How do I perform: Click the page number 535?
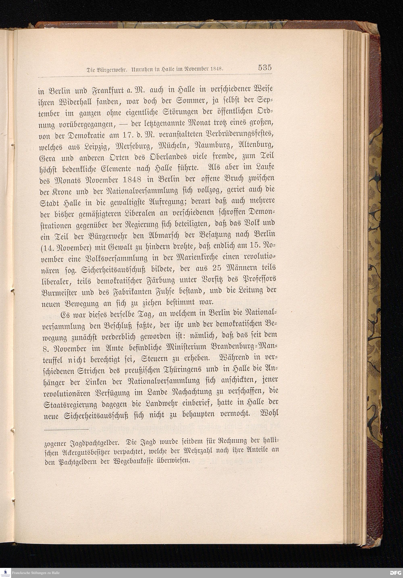tap(264, 68)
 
